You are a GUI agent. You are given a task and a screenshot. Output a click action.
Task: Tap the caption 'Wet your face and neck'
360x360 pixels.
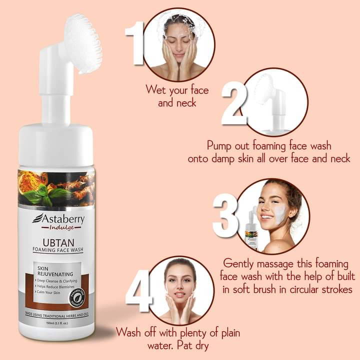point(176,96)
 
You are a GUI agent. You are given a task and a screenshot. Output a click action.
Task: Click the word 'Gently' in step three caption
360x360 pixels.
point(241,263)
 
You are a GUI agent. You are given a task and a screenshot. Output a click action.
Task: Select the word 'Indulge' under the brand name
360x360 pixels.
point(60,228)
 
